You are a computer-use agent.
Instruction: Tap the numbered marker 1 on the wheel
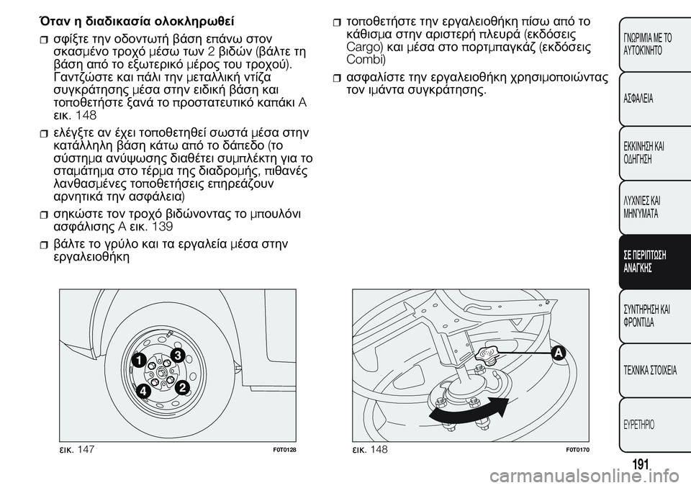click(x=138, y=360)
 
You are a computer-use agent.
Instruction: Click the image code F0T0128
click(x=286, y=450)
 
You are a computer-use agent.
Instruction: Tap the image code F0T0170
click(x=578, y=450)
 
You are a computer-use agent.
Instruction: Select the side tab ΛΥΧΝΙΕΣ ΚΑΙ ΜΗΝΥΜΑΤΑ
click(x=645, y=207)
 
